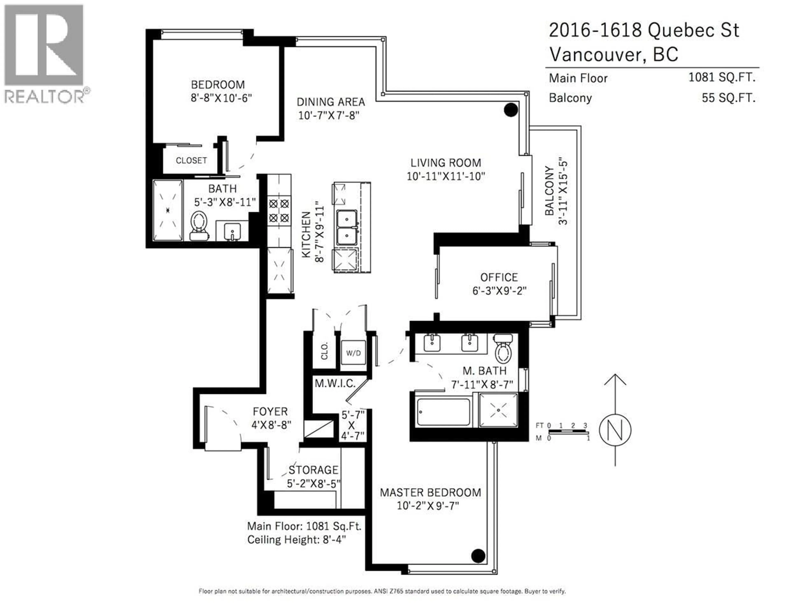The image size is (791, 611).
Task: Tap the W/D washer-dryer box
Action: [x=353, y=353]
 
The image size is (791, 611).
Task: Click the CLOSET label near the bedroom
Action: [x=191, y=160]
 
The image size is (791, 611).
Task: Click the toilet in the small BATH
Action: [x=199, y=225]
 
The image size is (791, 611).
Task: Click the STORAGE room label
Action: [x=313, y=470]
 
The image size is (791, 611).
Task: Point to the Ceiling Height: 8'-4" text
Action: [x=296, y=540]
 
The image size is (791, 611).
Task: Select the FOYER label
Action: [x=270, y=412]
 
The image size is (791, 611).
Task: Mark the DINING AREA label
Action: [x=331, y=102]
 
